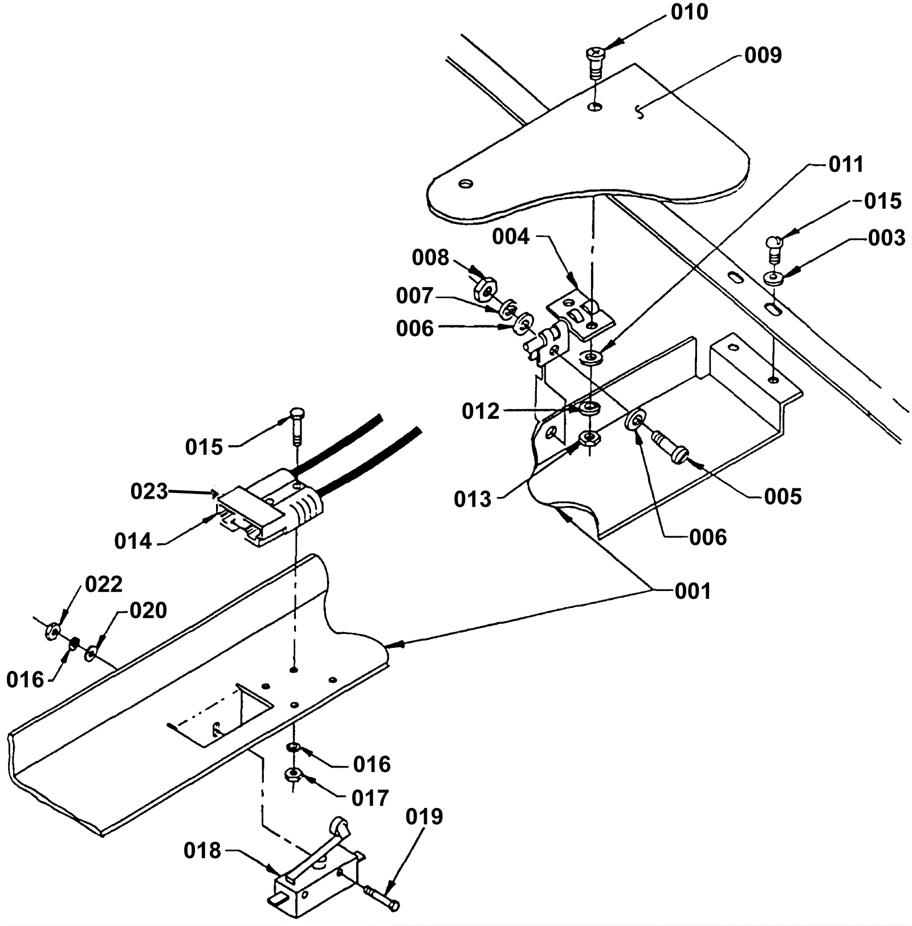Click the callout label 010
[689, 12]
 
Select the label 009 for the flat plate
[763, 55]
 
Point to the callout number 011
[846, 165]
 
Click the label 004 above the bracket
[511, 236]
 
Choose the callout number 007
[415, 296]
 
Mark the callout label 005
[783, 497]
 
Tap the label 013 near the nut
[473, 499]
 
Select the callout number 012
[481, 411]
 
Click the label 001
[693, 591]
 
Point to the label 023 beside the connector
[149, 491]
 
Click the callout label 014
[133, 541]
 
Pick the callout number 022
[104, 584]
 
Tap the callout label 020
[148, 610]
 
